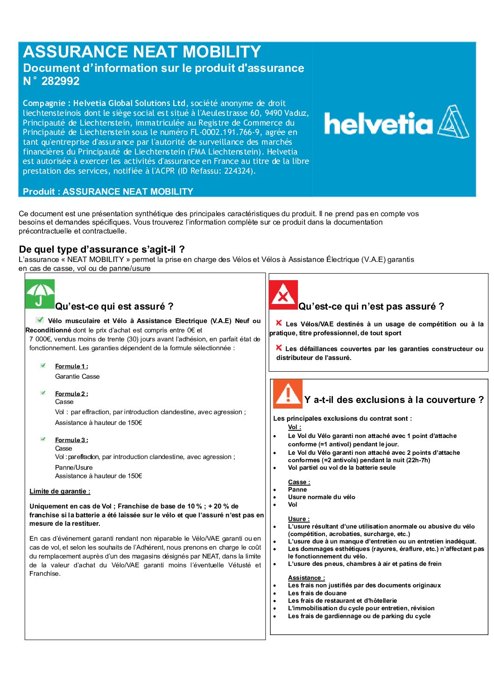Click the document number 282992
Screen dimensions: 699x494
click(x=60, y=81)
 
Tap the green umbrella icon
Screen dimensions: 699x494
click(x=40, y=294)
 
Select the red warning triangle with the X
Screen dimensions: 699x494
click(x=283, y=295)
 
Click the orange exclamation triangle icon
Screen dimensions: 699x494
click(x=287, y=394)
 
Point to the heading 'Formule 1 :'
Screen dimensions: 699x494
click(x=71, y=367)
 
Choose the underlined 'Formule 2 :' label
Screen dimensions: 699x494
click(x=71, y=394)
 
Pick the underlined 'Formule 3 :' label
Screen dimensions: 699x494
click(x=71, y=440)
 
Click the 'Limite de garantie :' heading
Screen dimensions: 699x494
click(x=60, y=491)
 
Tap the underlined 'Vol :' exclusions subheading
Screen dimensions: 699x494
click(x=294, y=427)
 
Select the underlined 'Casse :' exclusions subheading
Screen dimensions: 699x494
click(x=299, y=482)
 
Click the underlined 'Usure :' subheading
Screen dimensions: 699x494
click(x=298, y=519)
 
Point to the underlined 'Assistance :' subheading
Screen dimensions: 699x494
click(x=306, y=578)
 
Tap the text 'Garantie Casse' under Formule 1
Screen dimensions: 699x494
click(x=77, y=376)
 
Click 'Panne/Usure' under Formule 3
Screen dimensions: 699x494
click(x=74, y=467)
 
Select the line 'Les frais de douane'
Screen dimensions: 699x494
click(x=317, y=593)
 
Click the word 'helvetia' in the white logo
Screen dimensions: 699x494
click(x=378, y=124)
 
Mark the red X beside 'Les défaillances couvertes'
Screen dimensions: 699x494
click(x=279, y=348)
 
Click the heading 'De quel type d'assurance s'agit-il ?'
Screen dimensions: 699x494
click(x=102, y=249)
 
